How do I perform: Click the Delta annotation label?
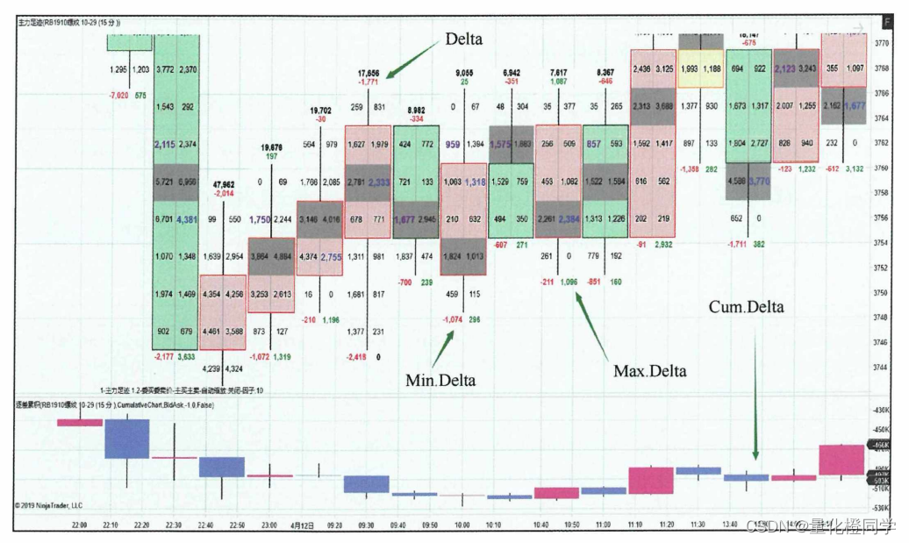463,39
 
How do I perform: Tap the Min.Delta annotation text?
440,380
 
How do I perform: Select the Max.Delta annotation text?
649,371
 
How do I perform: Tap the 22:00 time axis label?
80,525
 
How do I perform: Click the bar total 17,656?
368,73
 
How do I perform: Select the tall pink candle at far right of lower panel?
841,460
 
